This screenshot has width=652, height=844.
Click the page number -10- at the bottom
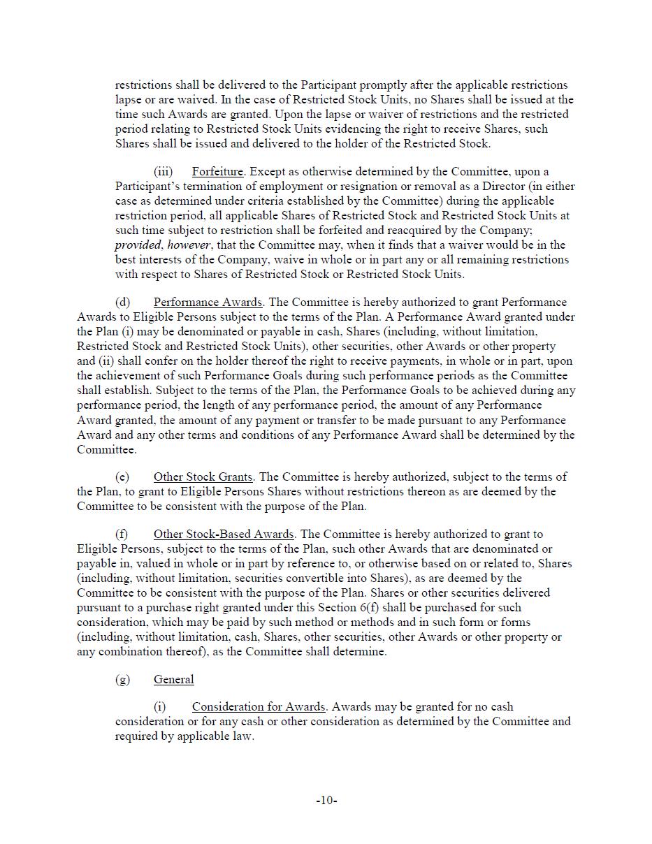(x=326, y=801)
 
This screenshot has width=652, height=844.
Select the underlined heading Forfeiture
(x=218, y=172)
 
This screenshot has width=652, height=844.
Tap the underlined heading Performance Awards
(x=208, y=303)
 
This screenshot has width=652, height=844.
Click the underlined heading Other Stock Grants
(x=203, y=477)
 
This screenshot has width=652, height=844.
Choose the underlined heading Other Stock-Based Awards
(x=224, y=534)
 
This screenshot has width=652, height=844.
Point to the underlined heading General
(x=174, y=680)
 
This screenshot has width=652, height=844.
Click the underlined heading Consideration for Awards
(x=259, y=707)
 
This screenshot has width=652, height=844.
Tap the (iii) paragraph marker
(x=163, y=172)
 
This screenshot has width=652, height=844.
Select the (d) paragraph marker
(x=122, y=303)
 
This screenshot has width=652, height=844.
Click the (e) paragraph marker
(x=122, y=477)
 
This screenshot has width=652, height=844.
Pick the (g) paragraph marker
(x=122, y=680)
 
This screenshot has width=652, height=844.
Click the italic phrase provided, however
(x=163, y=245)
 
